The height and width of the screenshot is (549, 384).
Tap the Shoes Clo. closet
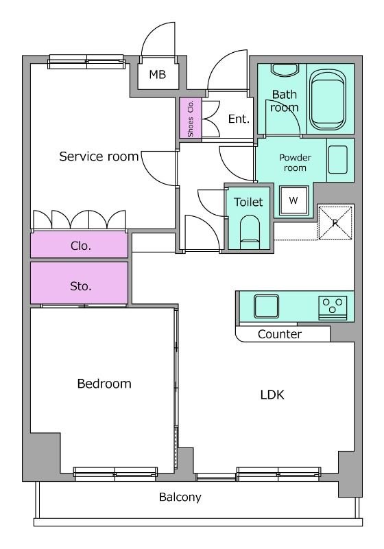[x=191, y=118]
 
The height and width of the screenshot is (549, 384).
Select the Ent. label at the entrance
[x=239, y=119]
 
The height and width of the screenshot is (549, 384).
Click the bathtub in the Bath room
[x=327, y=100]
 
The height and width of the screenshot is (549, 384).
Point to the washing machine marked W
[x=293, y=200]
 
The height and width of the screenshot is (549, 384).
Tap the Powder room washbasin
[x=338, y=160]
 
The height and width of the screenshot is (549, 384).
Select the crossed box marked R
[x=335, y=222]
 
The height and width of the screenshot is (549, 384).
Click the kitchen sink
[x=266, y=306]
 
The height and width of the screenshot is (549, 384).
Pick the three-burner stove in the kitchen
[x=333, y=308]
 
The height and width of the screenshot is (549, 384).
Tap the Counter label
[x=280, y=334]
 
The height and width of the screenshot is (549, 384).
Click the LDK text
[x=272, y=395]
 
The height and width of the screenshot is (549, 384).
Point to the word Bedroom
[x=104, y=384]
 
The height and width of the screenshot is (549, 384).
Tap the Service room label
[x=99, y=156]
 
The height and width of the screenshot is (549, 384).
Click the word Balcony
[x=180, y=497]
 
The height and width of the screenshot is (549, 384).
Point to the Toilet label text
[x=248, y=202]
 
